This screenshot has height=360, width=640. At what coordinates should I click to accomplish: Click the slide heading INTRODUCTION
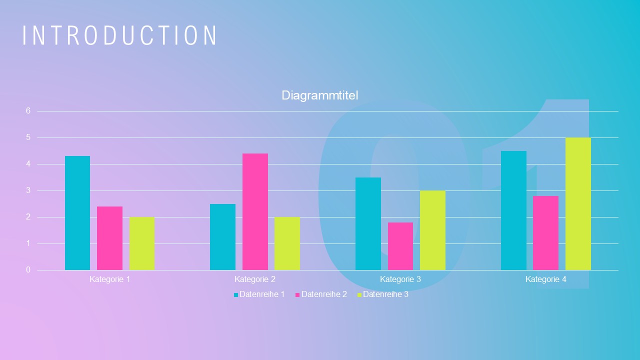120,35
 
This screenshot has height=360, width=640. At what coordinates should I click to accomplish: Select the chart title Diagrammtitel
320,95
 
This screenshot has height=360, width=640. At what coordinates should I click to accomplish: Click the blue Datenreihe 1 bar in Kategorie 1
77,213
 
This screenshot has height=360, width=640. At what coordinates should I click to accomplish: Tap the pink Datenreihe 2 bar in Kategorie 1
109,238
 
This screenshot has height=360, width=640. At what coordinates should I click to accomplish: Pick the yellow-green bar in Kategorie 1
142,243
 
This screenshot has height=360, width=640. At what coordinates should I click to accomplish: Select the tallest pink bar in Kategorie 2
255,211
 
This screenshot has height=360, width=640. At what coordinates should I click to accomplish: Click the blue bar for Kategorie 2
222,237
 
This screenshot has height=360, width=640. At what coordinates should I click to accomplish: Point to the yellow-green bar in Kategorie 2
287,243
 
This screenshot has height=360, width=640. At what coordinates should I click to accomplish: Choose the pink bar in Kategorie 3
400,246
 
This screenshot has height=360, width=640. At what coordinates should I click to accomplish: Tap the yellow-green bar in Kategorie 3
432,230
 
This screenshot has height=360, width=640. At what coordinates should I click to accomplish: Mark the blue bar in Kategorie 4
513,210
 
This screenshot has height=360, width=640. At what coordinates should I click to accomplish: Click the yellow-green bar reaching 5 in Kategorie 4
578,204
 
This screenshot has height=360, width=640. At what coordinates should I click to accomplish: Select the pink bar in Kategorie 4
545,233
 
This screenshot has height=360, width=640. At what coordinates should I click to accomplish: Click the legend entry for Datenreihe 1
259,294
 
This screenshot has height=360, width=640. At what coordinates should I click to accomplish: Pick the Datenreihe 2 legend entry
321,294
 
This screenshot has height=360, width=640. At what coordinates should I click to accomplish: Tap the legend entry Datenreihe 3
382,294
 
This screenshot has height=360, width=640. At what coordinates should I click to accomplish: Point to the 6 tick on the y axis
28,111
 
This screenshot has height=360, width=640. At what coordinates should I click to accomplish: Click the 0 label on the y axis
28,270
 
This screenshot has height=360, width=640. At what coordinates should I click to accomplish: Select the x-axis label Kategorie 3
400,279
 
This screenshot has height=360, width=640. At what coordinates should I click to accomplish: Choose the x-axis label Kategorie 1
109,279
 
